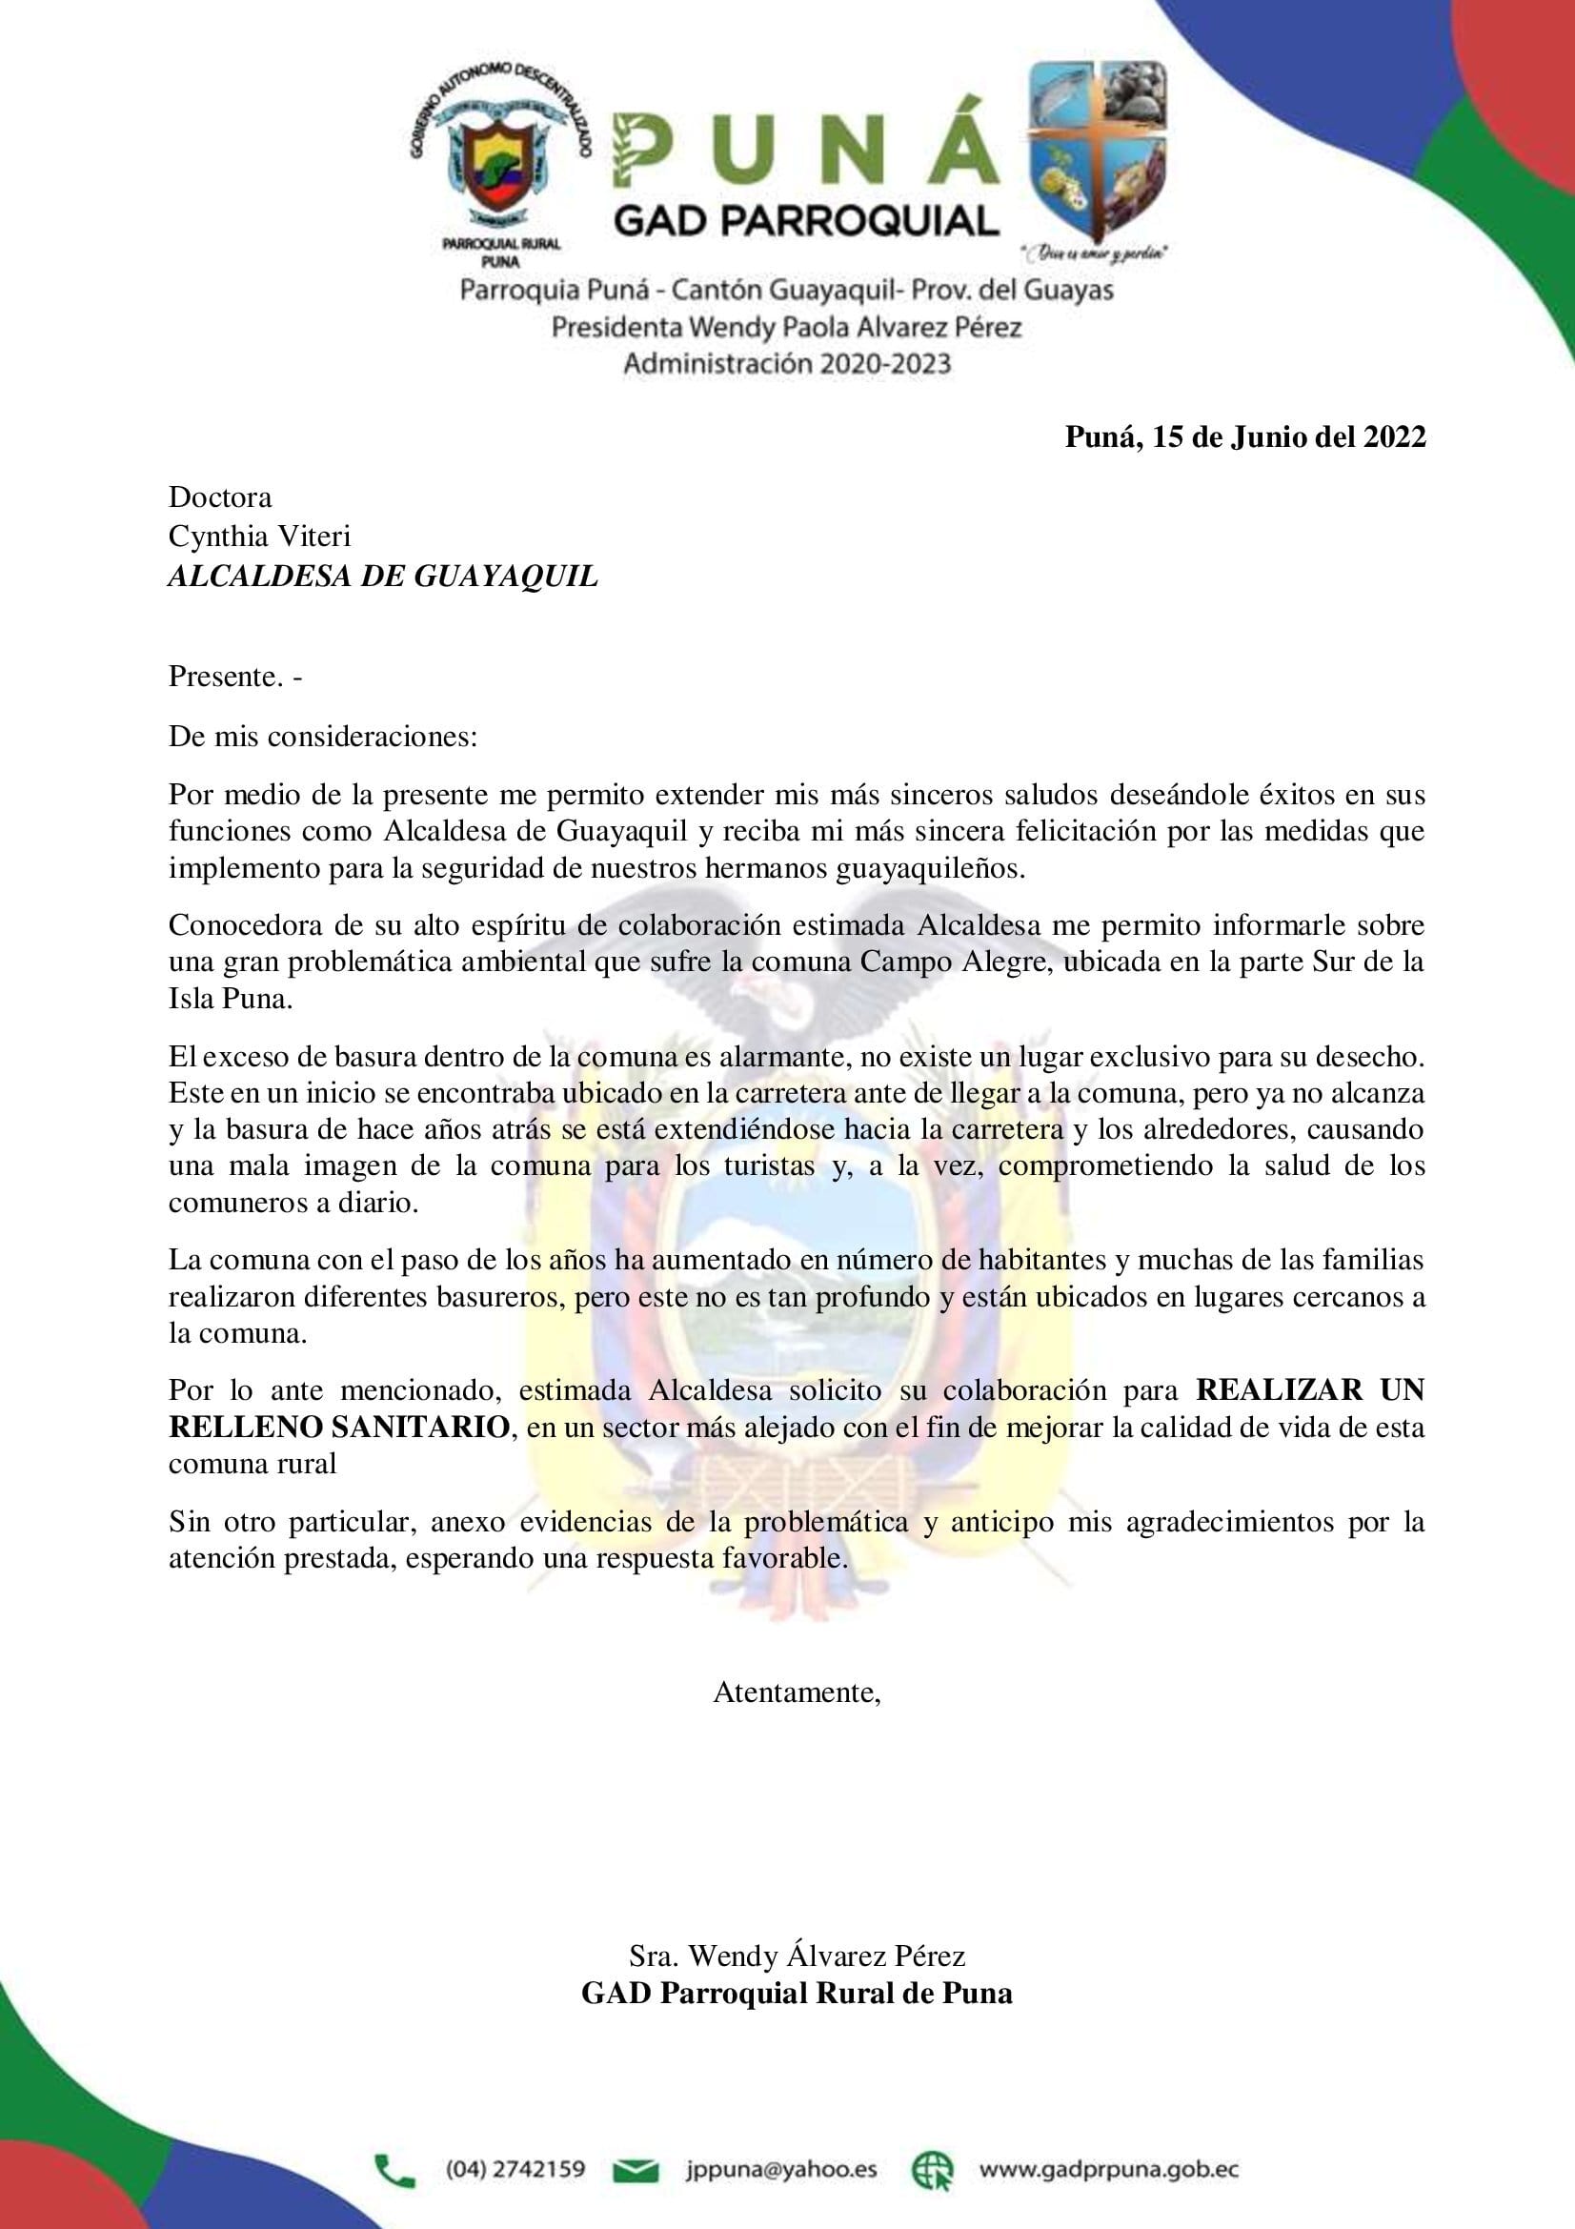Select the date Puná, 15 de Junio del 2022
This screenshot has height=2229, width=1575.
pyautogui.click(x=1245, y=437)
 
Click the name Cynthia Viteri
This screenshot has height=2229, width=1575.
pyautogui.click(x=260, y=536)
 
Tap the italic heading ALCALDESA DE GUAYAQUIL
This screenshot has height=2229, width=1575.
pyautogui.click(x=382, y=577)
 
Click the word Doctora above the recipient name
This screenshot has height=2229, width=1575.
pyautogui.click(x=220, y=497)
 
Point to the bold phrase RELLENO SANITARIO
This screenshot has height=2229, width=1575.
pyautogui.click(x=338, y=1429)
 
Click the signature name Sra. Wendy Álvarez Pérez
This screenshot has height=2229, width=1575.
pyautogui.click(x=797, y=1955)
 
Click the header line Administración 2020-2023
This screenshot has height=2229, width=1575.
pyautogui.click(x=787, y=364)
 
